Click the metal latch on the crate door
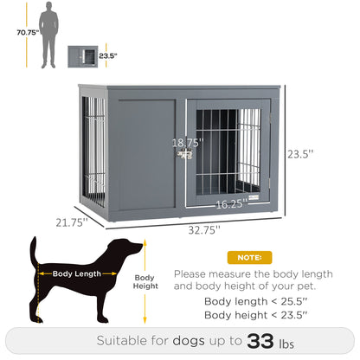click(184, 156)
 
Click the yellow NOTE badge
click(249, 258)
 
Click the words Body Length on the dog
click(76, 274)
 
